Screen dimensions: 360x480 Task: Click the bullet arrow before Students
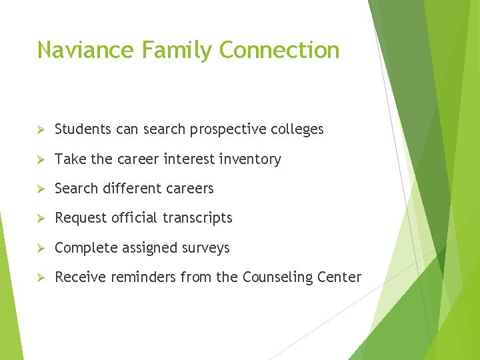(x=41, y=130)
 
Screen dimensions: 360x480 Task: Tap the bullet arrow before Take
(x=41, y=159)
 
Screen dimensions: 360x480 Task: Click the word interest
(x=195, y=159)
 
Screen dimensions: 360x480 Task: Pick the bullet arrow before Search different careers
(x=41, y=189)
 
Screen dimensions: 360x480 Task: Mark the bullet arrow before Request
(x=41, y=218)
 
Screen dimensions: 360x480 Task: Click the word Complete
(x=83, y=249)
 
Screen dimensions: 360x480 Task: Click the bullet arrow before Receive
(x=41, y=277)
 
